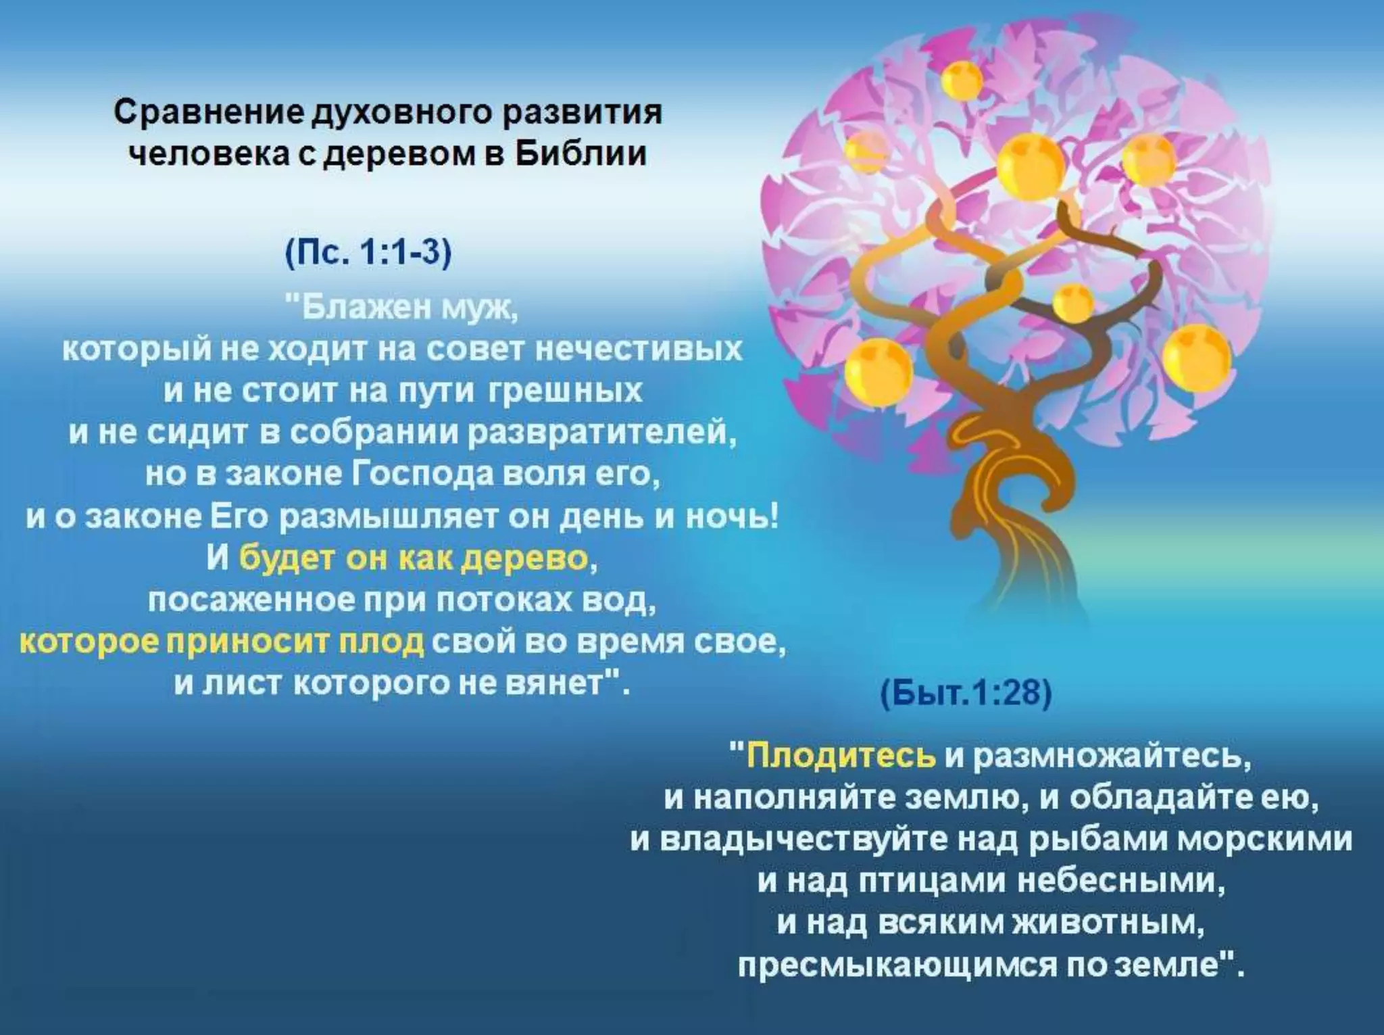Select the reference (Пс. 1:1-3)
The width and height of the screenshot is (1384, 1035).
coord(368,255)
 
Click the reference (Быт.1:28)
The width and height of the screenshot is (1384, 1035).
coord(966,694)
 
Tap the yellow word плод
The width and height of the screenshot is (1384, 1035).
coord(381,642)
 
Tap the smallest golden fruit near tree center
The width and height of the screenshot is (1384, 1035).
coord(1073,304)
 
